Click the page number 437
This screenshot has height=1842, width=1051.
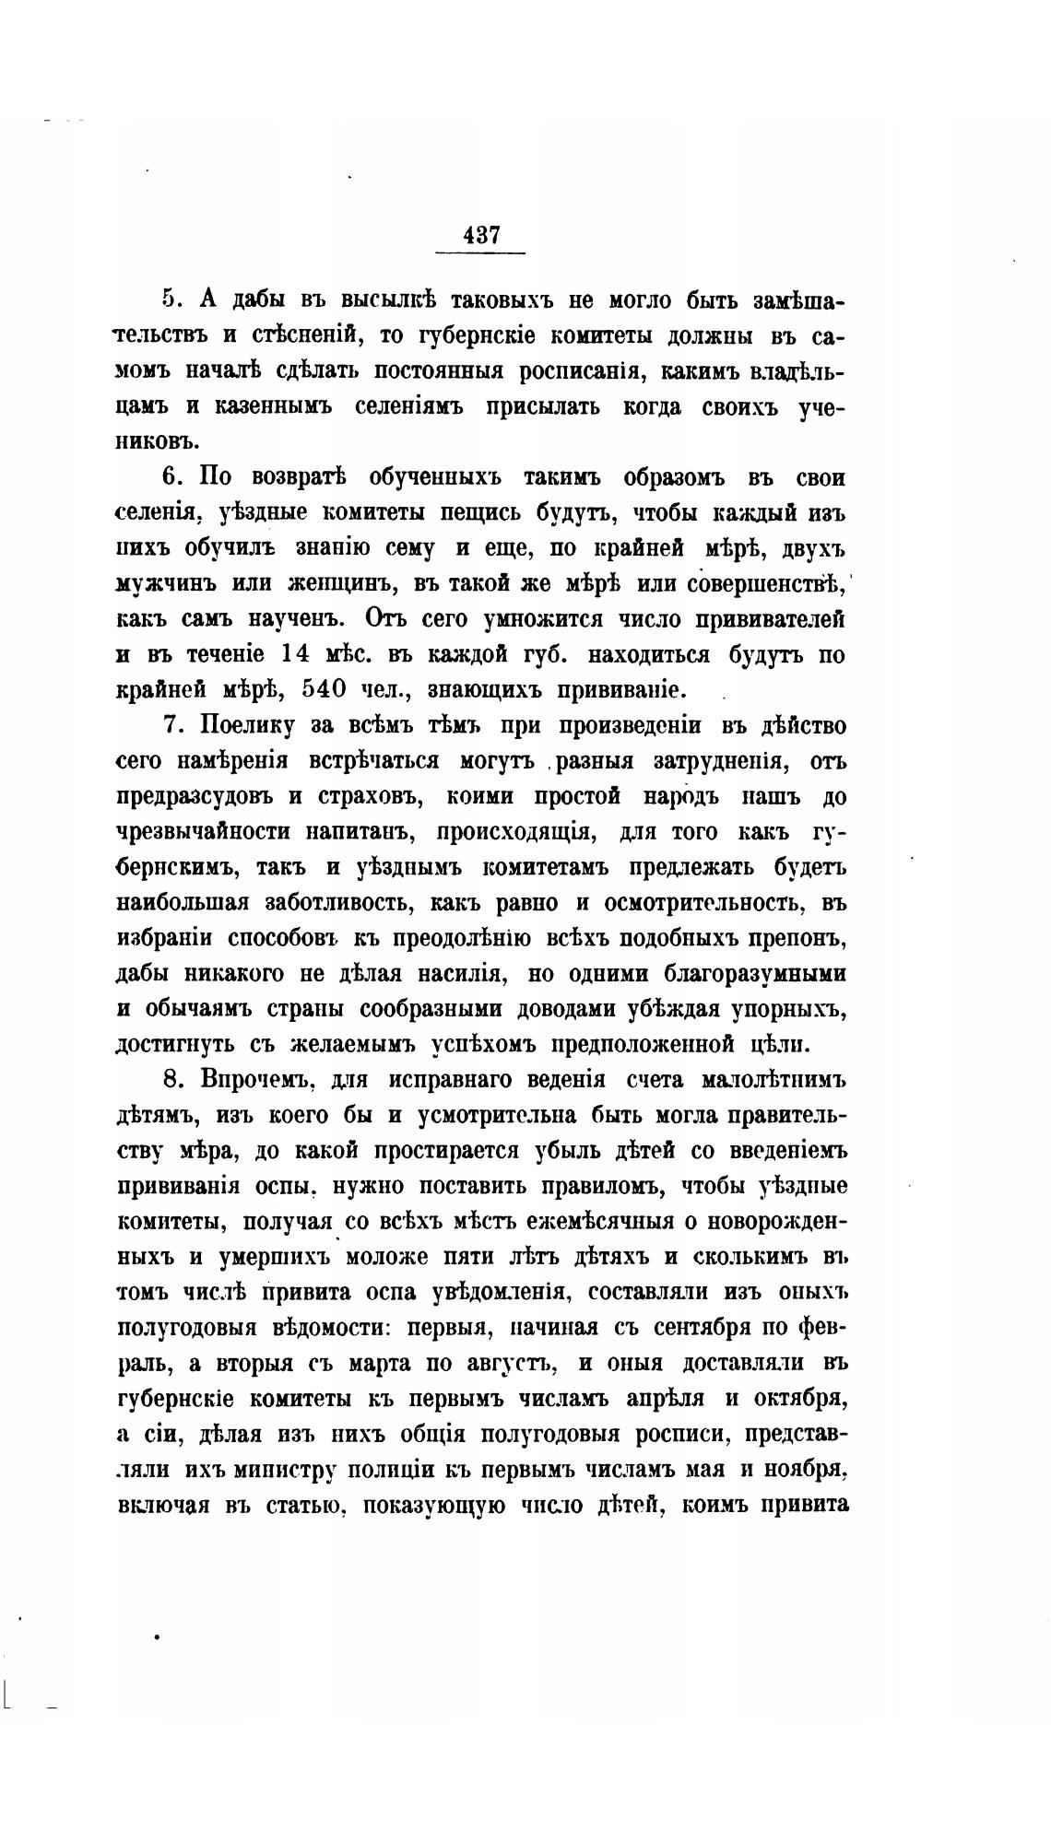pos(480,235)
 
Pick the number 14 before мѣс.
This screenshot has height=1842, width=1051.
pos(298,654)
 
